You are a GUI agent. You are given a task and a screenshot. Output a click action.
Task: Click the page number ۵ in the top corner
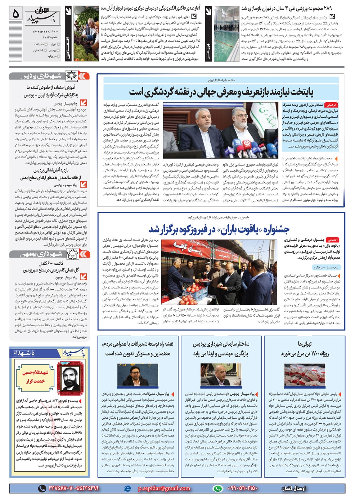[15, 14]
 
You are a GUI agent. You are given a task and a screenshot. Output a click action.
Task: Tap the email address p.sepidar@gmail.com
[164, 488]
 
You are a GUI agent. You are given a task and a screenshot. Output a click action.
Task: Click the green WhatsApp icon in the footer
[217, 488]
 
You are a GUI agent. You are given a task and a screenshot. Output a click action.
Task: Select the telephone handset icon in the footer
[42, 488]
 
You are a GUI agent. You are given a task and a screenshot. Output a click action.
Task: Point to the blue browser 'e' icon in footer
[127, 488]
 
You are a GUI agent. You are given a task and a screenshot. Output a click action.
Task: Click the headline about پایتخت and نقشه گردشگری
[221, 92]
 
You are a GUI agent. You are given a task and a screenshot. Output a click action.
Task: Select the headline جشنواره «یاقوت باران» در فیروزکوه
[219, 229]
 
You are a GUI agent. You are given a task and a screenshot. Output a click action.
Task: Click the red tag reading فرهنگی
[330, 105]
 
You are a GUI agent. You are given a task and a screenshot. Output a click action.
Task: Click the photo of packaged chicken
[305, 375]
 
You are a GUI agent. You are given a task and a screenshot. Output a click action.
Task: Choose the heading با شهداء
[24, 353]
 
